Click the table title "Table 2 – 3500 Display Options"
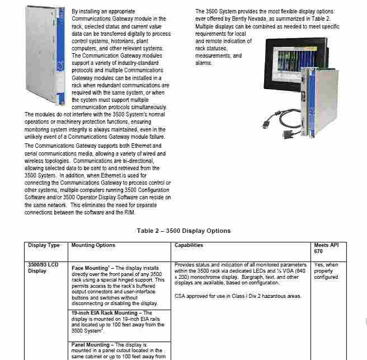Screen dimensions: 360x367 click(183, 231)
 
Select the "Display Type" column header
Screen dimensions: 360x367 click(44, 245)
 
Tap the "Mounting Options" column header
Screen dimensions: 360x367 click(93, 245)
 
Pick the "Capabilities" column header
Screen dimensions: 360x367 click(189, 245)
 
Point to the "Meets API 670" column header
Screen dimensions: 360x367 click(327, 249)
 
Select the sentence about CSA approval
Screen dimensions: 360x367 click(238, 295)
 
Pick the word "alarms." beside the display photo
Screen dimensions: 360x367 click(204, 63)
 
